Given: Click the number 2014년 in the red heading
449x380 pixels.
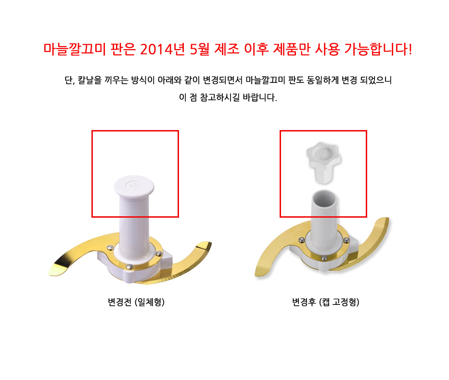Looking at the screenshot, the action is click(x=162, y=49).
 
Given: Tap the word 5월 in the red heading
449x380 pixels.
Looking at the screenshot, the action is click(x=200, y=49).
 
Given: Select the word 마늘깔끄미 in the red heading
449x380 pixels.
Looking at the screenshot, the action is click(x=75, y=49).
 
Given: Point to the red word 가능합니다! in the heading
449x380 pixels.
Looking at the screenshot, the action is click(x=378, y=49).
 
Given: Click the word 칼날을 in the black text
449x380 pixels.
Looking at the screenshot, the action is click(x=90, y=80).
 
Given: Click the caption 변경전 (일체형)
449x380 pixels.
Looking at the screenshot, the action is click(x=136, y=302).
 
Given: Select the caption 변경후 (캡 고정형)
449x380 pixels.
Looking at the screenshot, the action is click(x=326, y=302).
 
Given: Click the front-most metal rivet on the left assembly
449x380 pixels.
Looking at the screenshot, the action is click(x=130, y=266).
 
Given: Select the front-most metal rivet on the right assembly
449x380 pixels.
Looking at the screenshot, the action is click(x=324, y=258).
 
